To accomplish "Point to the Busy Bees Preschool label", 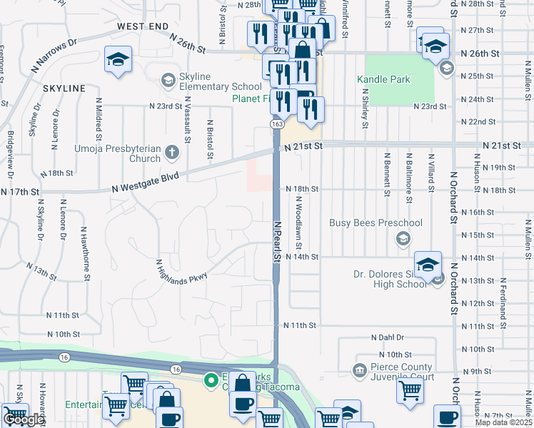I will point(376,223).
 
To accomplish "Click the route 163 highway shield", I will point(277,124).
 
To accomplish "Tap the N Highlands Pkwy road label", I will point(183,270).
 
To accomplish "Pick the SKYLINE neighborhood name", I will point(64,88).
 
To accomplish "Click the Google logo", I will point(24,419).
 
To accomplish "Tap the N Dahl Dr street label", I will point(388,337).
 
